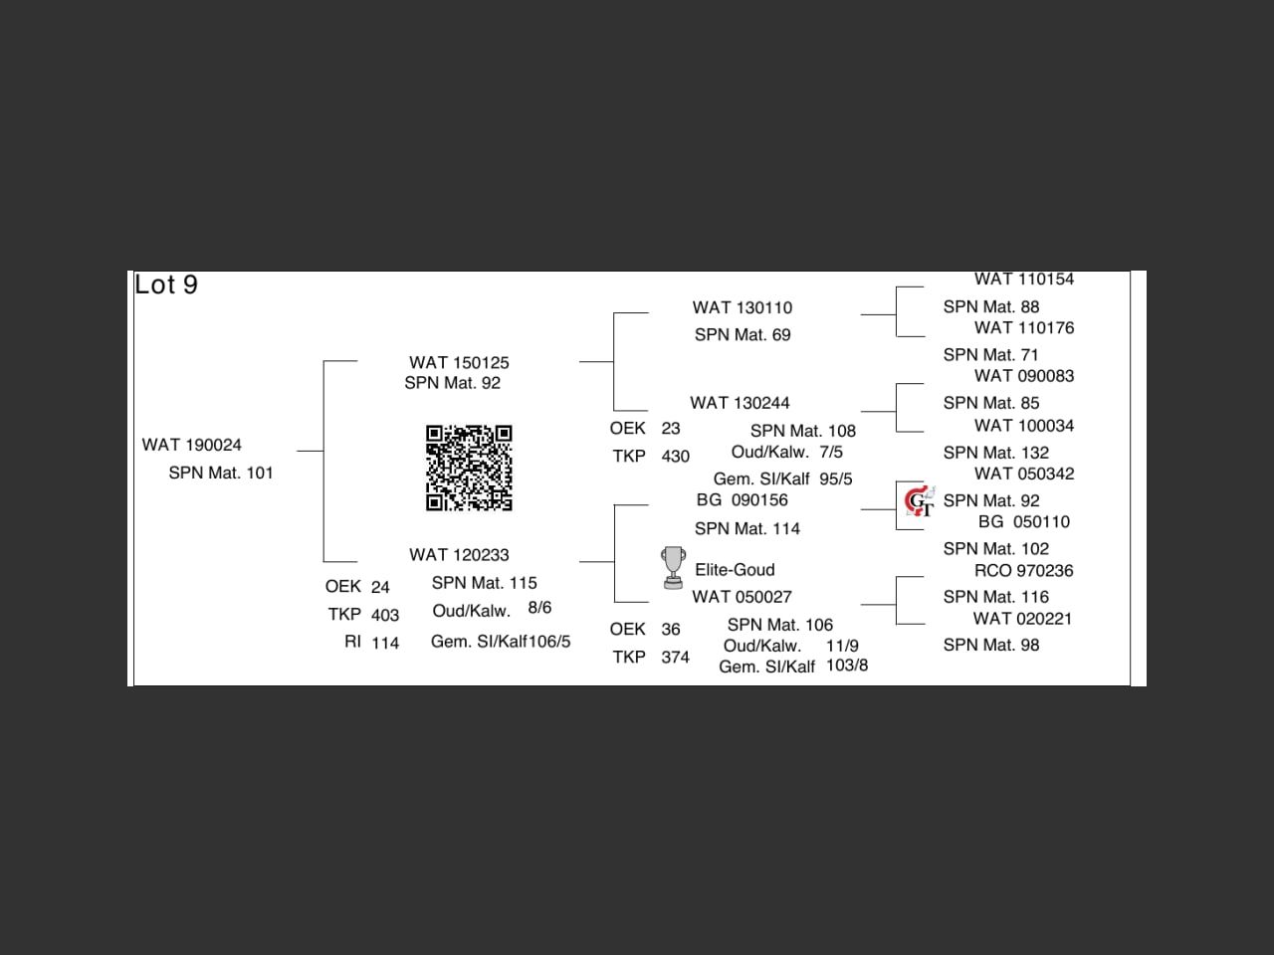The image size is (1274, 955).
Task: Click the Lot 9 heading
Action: (x=166, y=286)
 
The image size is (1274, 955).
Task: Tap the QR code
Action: (x=469, y=468)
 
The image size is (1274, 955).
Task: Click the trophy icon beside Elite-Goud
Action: (x=673, y=567)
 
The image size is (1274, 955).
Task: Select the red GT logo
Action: (x=919, y=501)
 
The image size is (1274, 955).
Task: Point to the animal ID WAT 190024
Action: (x=191, y=445)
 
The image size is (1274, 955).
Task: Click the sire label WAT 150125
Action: (x=459, y=363)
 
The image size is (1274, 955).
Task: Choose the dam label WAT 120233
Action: (x=459, y=555)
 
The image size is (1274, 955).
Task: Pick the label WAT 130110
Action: (x=743, y=308)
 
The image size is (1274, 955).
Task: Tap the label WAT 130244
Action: (x=740, y=403)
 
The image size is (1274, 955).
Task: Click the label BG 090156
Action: (x=742, y=500)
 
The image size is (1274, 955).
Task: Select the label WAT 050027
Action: (x=742, y=597)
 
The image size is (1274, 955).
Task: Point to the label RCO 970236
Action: (x=1023, y=571)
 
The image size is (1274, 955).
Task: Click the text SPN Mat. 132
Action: (x=995, y=453)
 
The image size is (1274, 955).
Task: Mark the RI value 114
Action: (x=385, y=644)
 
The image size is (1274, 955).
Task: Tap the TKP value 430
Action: (x=675, y=457)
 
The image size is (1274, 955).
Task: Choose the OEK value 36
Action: (x=671, y=630)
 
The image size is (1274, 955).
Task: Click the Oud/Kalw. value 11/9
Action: (x=842, y=646)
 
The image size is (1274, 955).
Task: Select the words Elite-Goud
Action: (x=735, y=570)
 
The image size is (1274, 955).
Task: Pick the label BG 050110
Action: (x=1023, y=522)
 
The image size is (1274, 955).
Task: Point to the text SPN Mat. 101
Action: (x=220, y=474)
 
